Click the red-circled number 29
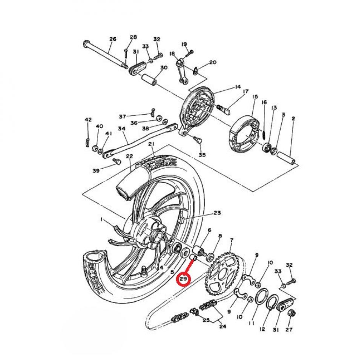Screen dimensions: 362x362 point(184,279)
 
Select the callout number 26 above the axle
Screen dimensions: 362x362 point(113,39)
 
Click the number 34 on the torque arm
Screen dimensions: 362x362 point(121,129)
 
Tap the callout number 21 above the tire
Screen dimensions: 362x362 point(152,144)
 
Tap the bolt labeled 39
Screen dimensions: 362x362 point(116,161)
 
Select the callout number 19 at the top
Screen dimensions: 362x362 point(184,44)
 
